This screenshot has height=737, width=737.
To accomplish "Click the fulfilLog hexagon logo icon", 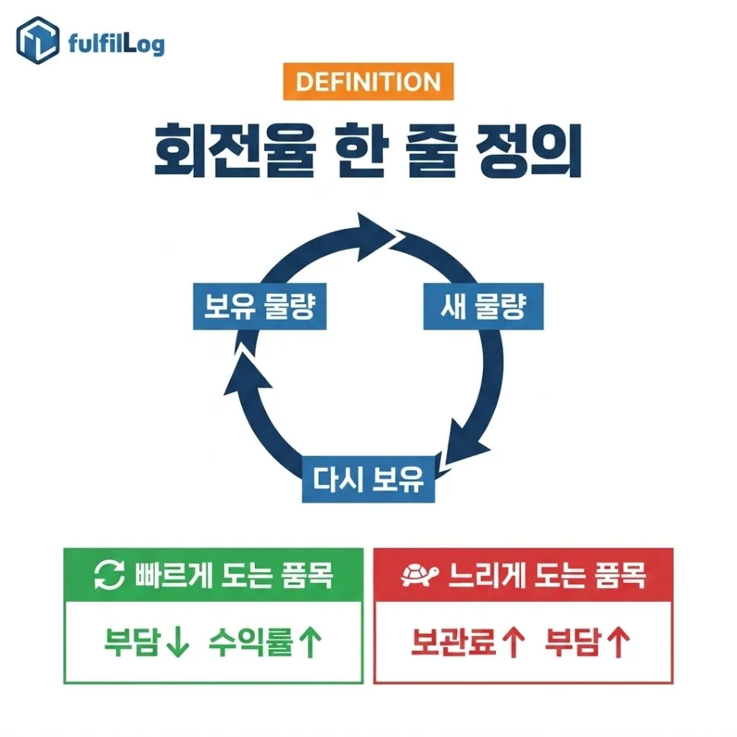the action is click(37, 40).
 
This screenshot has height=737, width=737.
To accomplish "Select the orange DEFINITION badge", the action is click(368, 82).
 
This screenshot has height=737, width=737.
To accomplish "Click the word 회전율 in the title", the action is click(235, 150).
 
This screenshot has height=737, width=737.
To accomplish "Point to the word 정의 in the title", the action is click(528, 150).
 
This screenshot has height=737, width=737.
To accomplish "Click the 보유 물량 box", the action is click(259, 306).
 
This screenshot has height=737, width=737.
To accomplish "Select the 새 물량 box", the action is click(483, 306).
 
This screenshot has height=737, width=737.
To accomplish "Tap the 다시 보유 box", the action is click(368, 479).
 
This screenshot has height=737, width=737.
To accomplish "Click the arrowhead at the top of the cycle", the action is click(376, 237).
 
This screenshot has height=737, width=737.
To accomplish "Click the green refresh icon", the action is click(110, 574).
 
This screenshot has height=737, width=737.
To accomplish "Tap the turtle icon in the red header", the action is click(420, 574).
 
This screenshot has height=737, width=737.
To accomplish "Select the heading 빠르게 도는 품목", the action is click(233, 574).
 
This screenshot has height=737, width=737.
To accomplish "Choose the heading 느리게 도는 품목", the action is click(547, 574).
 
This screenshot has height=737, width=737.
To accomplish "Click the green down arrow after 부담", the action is click(178, 642).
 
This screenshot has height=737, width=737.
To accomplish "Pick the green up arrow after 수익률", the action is click(311, 642).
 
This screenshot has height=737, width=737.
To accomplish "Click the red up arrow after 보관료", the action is click(513, 642).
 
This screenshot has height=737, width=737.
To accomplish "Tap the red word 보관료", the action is click(454, 642).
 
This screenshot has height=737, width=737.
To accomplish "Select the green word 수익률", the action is click(252, 642).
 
